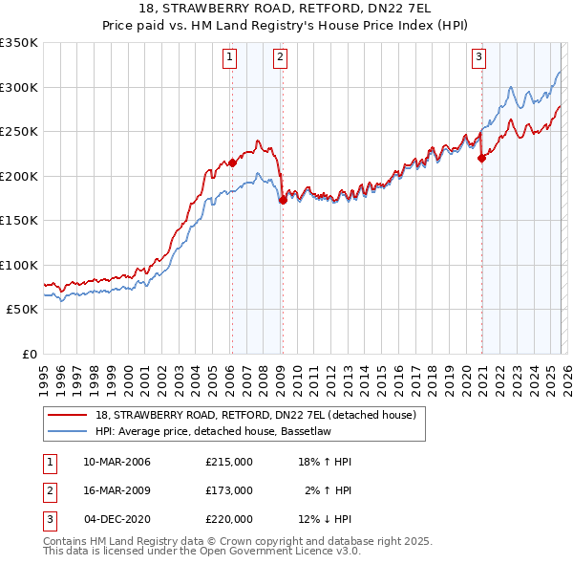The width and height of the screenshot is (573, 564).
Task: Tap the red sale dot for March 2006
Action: click(232, 163)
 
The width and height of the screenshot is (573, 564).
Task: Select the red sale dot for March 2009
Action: click(283, 200)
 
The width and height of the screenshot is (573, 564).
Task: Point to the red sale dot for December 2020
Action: click(481, 159)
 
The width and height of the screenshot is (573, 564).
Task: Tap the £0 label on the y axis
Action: click(29, 354)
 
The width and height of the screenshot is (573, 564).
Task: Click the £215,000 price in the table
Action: click(229, 462)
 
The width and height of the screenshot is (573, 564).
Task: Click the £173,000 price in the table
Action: click(229, 490)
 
